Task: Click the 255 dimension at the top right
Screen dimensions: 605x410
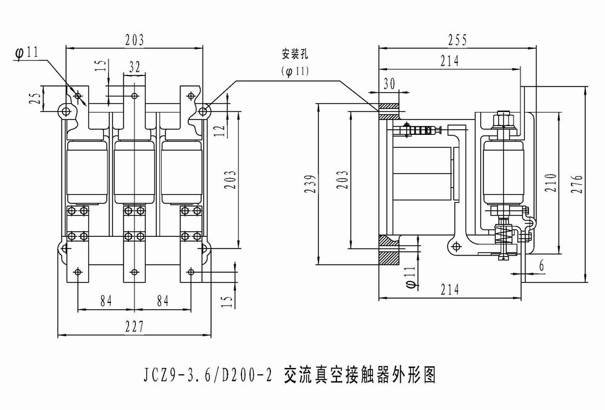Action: tap(457, 40)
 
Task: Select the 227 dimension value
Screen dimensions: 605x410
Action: tap(135, 327)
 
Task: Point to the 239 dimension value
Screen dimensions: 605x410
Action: tap(312, 184)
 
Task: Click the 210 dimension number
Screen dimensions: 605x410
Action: tap(552, 182)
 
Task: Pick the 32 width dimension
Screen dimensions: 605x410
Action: tap(135, 67)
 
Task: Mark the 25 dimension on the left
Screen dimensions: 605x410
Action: tap(35, 98)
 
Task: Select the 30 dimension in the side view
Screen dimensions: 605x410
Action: tap(390, 84)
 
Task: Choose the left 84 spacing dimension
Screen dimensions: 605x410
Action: tap(106, 301)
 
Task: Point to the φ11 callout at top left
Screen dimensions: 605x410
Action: tap(27, 52)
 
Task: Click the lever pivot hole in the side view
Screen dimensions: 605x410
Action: tap(456, 246)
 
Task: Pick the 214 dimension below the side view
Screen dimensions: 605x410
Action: tap(450, 289)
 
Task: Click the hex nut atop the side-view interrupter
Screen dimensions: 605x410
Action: tap(503, 117)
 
